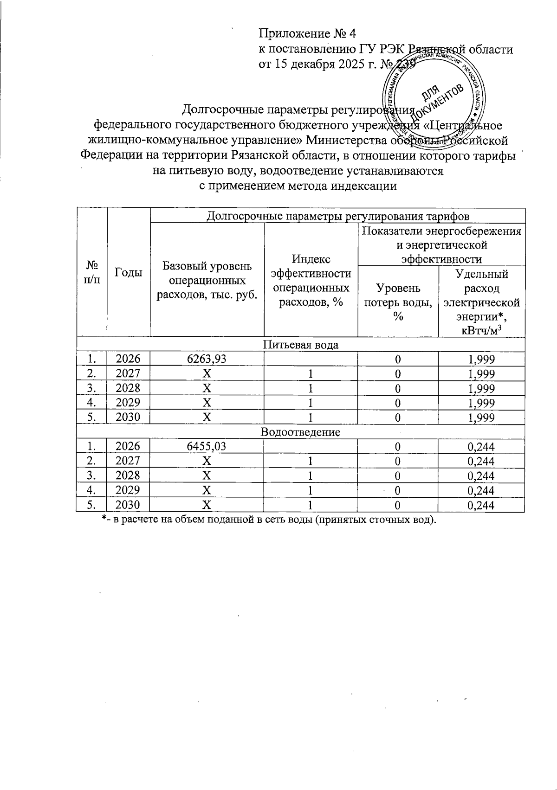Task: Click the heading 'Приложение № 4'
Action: [x=307, y=34]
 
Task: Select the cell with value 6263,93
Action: [x=207, y=359]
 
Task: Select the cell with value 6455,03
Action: [x=207, y=447]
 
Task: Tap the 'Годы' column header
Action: [x=129, y=273]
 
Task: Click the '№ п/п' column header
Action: [x=91, y=273]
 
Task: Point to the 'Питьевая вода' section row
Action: [x=300, y=345]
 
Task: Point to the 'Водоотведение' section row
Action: [x=300, y=432]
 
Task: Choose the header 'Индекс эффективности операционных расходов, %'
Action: [x=311, y=280]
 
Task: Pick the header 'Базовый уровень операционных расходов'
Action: [x=207, y=280]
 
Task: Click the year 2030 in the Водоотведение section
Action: [x=128, y=505]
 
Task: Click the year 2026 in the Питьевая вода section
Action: [x=128, y=359]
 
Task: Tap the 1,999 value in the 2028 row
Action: [x=481, y=388]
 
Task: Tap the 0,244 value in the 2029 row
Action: [x=481, y=490]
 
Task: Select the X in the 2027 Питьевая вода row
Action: [x=207, y=374]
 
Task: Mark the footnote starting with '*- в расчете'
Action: [x=269, y=520]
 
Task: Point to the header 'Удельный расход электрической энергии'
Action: [x=481, y=302]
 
